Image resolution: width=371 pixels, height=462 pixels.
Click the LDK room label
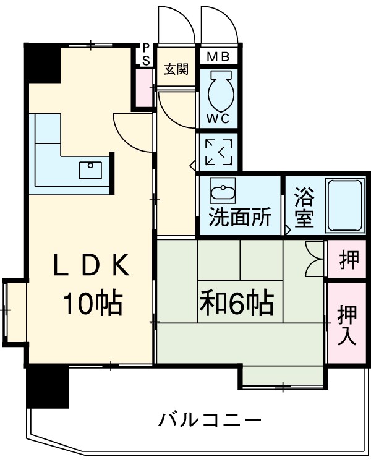90,267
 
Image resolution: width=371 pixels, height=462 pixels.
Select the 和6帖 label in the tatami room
236,302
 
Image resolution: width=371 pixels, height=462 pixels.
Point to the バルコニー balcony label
210,421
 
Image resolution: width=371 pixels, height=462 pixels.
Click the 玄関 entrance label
176,69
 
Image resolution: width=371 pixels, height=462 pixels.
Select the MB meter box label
218,57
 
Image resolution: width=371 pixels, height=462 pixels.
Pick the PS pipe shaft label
146,54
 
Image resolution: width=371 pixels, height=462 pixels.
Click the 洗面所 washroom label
239,218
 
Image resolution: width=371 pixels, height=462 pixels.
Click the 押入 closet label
347,324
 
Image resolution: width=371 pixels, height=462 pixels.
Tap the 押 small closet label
348,260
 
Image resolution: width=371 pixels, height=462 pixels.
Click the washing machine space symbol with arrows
219,152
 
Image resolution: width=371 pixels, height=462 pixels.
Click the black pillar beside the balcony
48,387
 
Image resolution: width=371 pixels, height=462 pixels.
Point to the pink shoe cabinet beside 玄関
145,88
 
